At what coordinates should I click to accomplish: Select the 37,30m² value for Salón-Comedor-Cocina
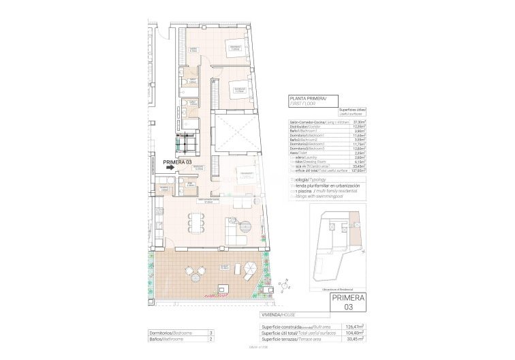360,122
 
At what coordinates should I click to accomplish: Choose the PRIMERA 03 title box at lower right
347,303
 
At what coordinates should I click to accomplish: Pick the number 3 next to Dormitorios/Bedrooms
211,332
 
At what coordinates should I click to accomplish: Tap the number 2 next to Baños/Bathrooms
211,338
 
